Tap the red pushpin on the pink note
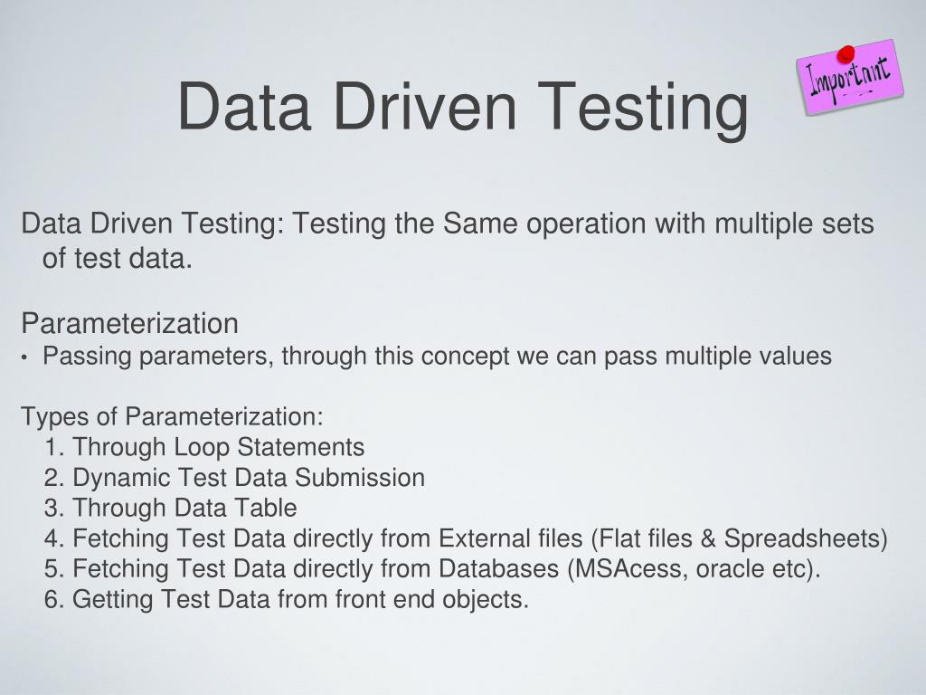point(846,54)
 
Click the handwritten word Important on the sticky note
point(850,75)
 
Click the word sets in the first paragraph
point(849,224)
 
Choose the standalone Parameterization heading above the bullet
point(130,323)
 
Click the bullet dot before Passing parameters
point(25,357)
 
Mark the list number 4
point(51,539)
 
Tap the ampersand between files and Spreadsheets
point(709,539)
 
